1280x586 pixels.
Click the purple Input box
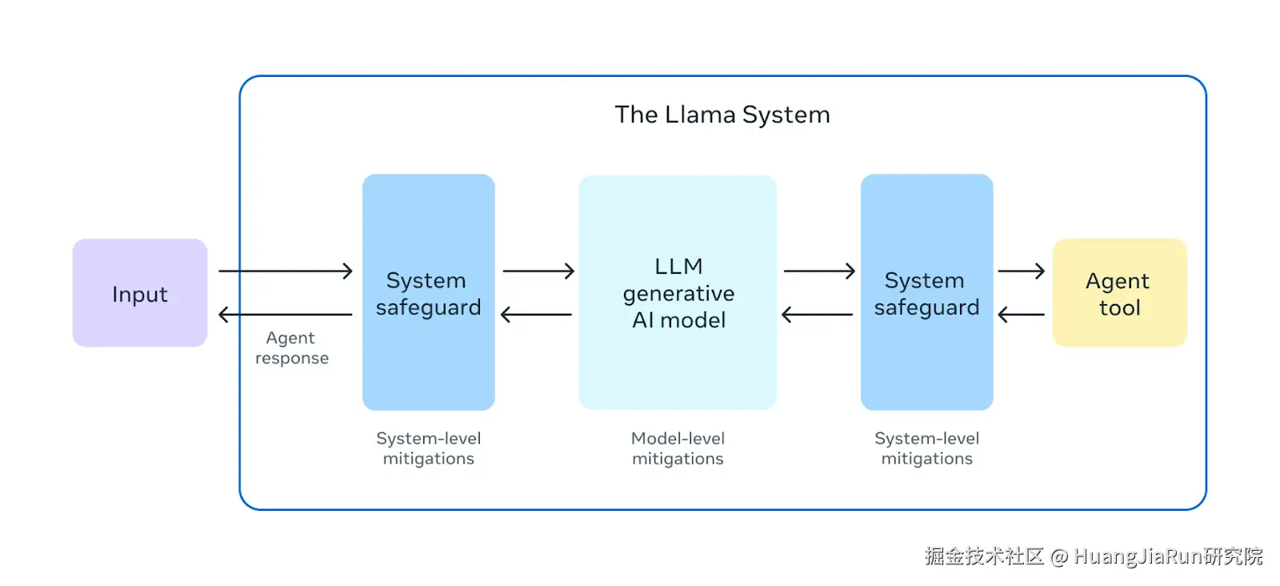point(140,293)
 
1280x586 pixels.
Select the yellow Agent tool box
point(1119,293)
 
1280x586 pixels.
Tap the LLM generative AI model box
point(678,293)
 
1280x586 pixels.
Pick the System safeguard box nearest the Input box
point(429,293)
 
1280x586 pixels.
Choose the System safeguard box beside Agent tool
point(926,293)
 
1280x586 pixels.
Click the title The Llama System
point(722,114)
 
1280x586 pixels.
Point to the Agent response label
point(291,348)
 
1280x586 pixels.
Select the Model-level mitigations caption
point(678,448)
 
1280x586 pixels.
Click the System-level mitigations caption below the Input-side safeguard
point(429,448)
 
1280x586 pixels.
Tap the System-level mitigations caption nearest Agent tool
point(926,448)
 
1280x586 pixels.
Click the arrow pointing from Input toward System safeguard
point(286,271)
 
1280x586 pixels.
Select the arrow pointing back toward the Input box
point(286,315)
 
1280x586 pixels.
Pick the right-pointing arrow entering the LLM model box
point(538,271)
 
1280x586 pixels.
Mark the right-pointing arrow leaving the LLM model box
point(819,271)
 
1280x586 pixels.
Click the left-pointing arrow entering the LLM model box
point(817,315)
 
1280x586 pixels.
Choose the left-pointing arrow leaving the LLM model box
point(536,315)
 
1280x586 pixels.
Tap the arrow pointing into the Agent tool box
point(1021,271)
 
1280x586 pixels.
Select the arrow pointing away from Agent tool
point(1021,315)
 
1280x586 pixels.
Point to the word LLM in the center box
point(678,266)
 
